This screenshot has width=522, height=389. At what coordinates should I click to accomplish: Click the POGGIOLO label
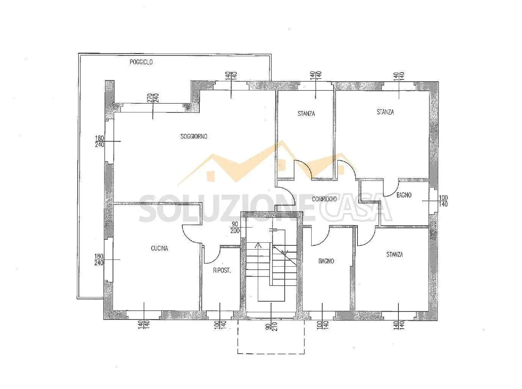pyautogui.click(x=141, y=62)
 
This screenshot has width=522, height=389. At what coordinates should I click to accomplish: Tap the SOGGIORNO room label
pyautogui.click(x=194, y=136)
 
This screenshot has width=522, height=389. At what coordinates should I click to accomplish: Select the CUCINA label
pyautogui.click(x=159, y=248)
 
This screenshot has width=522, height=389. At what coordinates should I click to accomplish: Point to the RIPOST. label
pyautogui.click(x=222, y=270)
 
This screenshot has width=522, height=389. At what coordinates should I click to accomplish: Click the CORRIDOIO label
pyautogui.click(x=324, y=199)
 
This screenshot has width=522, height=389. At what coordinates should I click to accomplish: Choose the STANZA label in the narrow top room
pyautogui.click(x=306, y=114)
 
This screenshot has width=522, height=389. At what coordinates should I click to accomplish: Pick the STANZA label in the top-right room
pyautogui.click(x=385, y=112)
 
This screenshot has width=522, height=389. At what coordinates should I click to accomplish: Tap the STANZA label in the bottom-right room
pyautogui.click(x=395, y=254)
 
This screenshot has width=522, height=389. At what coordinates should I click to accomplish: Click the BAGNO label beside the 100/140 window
pyautogui.click(x=404, y=195)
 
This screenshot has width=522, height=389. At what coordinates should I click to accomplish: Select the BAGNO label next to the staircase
pyautogui.click(x=326, y=261)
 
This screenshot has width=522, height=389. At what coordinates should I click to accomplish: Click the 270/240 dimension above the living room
pyautogui.click(x=153, y=98)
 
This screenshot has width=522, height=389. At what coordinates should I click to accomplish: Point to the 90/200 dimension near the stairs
pyautogui.click(x=235, y=227)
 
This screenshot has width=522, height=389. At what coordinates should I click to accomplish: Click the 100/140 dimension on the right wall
pyautogui.click(x=443, y=201)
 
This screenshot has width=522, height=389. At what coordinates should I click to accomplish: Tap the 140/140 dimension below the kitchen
pyautogui.click(x=144, y=324)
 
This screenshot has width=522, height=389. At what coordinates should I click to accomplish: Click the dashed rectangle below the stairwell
pyautogui.click(x=271, y=360)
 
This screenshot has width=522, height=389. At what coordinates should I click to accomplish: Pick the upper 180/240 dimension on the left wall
pyautogui.click(x=100, y=141)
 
